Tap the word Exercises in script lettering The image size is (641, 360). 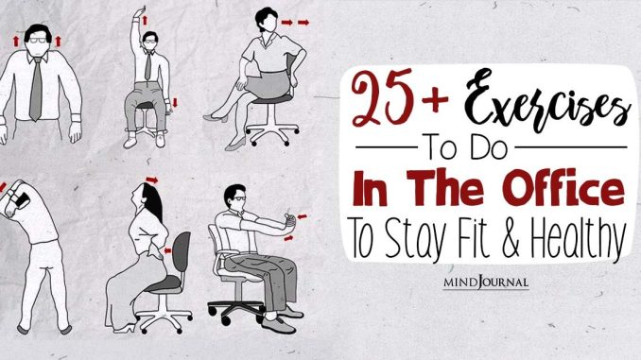click(546, 101)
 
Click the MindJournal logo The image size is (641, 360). click(486, 282)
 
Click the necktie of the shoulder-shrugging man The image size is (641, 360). click(36, 89)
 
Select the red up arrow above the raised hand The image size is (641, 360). click(145, 20)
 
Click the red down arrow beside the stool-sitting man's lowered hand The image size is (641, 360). click(175, 103)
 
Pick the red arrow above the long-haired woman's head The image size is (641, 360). click(152, 180)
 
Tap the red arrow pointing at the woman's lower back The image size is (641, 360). click(167, 250)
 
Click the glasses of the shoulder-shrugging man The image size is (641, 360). click(38, 41)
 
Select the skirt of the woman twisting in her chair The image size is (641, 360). click(269, 85)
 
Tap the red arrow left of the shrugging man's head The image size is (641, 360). click(16, 41)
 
